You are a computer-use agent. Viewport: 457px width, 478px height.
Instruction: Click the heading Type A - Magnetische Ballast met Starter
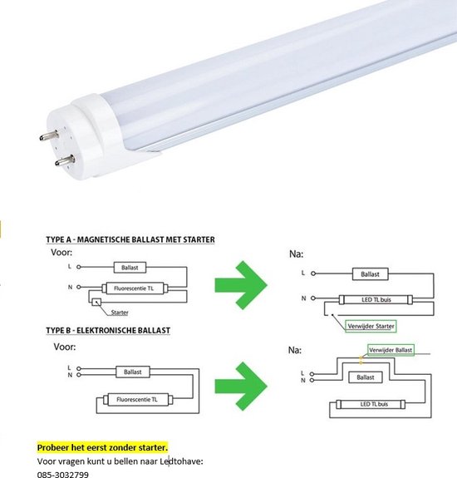point(130,239)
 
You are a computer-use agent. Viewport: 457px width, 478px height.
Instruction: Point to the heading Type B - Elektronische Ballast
point(108,330)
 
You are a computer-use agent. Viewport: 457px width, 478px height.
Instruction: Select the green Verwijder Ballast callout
point(389,351)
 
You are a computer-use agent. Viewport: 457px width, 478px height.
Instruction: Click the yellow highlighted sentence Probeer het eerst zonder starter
point(102,447)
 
